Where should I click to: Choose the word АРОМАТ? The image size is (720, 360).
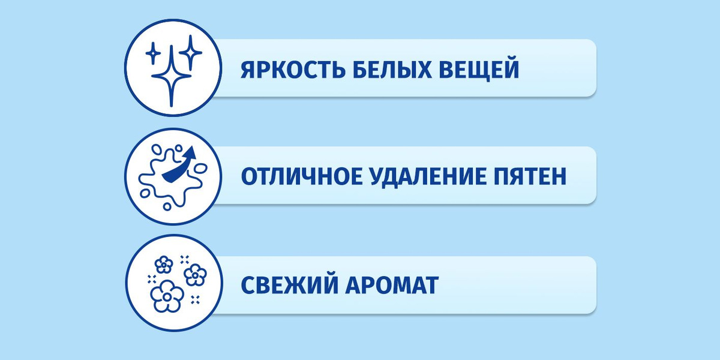click(392, 285)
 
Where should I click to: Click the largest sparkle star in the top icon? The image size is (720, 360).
click(172, 76)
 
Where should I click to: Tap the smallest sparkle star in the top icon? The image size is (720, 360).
click(153, 53)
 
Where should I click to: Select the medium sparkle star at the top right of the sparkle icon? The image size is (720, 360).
click(191, 52)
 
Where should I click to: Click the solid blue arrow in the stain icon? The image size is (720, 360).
click(179, 165)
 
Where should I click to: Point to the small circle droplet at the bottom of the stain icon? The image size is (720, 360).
click(167, 206)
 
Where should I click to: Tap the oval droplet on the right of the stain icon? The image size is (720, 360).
click(201, 168)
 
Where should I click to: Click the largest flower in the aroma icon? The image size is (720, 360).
click(167, 296)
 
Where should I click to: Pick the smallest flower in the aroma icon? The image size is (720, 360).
click(164, 265)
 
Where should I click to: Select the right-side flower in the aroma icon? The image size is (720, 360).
click(195, 275)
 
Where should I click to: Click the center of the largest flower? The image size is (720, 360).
click(167, 296)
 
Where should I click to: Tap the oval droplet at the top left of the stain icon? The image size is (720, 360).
click(157, 149)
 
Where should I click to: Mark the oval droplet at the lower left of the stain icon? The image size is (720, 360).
click(145, 193)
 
